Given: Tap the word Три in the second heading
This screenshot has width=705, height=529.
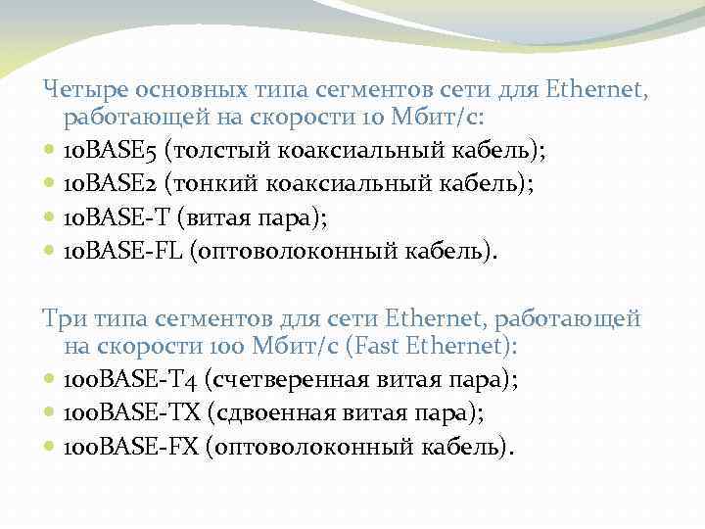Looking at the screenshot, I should point(65,318).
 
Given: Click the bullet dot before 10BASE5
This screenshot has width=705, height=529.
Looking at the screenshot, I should point(50,153).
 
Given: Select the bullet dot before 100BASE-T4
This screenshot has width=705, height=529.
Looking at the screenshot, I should point(50,379).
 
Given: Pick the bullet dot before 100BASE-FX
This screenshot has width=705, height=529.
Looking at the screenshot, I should point(50,448).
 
